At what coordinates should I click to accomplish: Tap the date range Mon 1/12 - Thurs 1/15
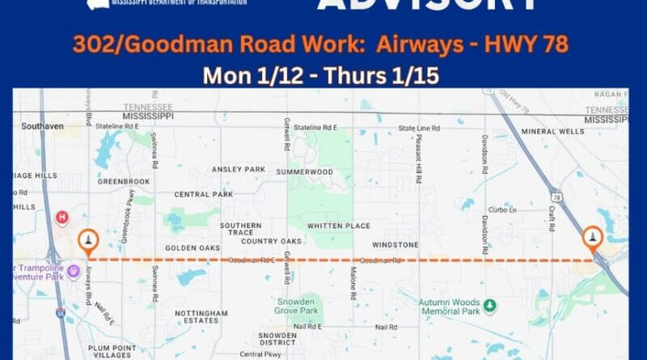323,74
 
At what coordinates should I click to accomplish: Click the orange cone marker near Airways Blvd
87,241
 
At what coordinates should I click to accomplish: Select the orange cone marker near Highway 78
593,238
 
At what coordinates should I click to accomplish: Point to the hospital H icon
61,218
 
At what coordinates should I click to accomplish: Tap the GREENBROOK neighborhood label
124,182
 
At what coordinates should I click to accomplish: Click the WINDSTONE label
395,244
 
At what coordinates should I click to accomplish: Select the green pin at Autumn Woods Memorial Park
489,306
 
